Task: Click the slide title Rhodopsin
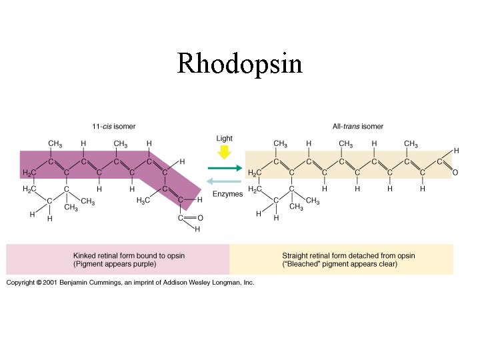click(239, 65)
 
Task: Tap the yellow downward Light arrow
click(225, 153)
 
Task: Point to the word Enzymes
click(227, 194)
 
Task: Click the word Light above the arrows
click(225, 139)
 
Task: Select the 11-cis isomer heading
click(113, 127)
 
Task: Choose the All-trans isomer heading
click(358, 127)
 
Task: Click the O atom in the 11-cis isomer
click(201, 218)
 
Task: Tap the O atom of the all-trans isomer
click(455, 173)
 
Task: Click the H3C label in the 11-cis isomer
click(143, 200)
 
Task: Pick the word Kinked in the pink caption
click(86, 255)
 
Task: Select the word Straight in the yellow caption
click(297, 255)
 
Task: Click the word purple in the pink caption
click(143, 264)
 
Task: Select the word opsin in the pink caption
click(174, 255)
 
